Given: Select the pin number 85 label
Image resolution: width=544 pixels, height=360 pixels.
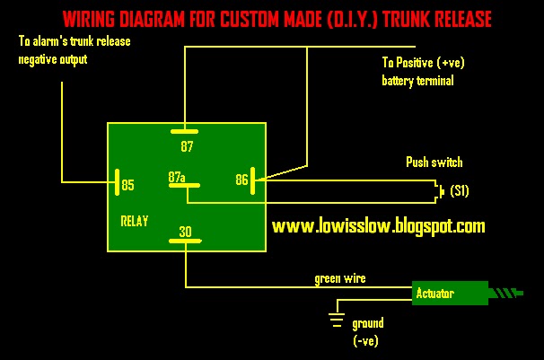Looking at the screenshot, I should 127,185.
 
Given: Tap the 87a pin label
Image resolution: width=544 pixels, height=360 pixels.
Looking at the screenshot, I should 176,178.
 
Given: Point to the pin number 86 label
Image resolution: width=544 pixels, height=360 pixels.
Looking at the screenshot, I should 241,180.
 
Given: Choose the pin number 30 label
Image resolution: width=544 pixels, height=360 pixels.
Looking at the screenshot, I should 185,233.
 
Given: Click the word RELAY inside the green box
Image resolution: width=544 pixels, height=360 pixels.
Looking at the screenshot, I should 134,220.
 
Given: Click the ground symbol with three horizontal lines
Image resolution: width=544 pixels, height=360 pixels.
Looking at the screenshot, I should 338,320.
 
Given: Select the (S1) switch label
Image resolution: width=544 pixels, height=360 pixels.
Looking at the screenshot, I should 459,191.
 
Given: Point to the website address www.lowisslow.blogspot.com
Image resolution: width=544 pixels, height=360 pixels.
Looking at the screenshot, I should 378,227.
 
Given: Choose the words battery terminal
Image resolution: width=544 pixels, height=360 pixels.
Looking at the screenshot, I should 417,81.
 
